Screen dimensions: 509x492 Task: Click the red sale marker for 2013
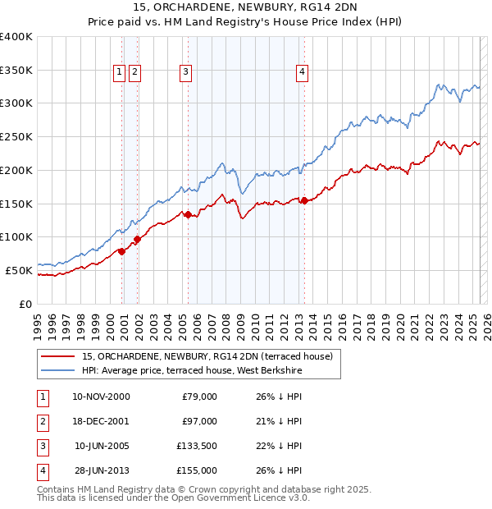(304, 200)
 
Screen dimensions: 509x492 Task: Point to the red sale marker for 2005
(188, 214)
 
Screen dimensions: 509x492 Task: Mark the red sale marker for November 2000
(121, 251)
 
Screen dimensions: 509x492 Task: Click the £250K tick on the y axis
(16, 136)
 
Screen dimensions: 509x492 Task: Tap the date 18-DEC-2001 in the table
(101, 421)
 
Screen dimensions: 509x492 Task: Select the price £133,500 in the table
(196, 446)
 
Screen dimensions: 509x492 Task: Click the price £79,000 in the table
(199, 397)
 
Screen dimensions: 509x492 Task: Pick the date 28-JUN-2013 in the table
(101, 470)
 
